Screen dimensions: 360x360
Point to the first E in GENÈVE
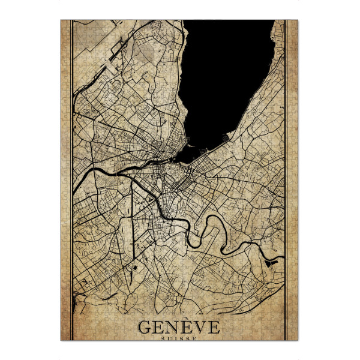(159, 328)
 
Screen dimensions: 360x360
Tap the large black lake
(222, 78)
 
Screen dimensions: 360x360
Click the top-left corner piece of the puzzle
(65, 25)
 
